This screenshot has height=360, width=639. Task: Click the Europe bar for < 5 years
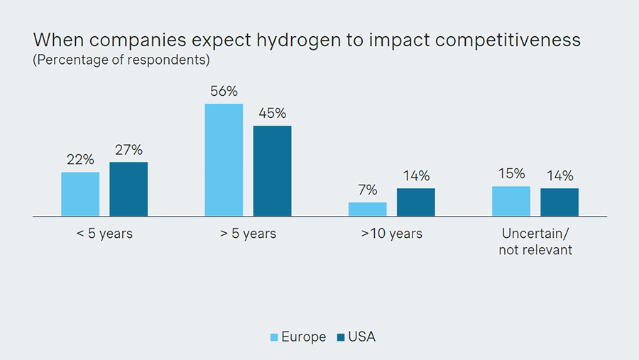tap(80, 194)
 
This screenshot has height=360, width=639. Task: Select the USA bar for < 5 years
tap(129, 189)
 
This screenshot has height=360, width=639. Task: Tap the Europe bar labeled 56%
tap(224, 160)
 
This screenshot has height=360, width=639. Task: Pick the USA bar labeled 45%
tap(272, 170)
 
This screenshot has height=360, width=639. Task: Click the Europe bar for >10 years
tap(368, 209)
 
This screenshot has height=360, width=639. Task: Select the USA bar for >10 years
tap(416, 202)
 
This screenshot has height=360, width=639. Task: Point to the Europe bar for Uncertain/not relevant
tap(511, 201)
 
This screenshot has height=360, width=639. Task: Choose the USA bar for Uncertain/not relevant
tap(559, 202)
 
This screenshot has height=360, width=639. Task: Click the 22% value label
tap(80, 160)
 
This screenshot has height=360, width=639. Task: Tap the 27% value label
tap(129, 150)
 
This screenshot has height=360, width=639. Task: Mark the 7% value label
tap(368, 190)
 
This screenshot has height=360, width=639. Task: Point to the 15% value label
tap(511, 174)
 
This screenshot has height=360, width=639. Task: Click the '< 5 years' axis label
tap(104, 234)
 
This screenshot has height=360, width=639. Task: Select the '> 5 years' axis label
tap(248, 234)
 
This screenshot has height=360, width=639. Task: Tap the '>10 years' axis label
tap(392, 234)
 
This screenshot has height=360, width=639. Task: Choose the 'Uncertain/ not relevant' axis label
tap(536, 241)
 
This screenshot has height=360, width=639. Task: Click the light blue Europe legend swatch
tap(275, 337)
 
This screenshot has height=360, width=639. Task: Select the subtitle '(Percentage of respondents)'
tap(121, 60)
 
